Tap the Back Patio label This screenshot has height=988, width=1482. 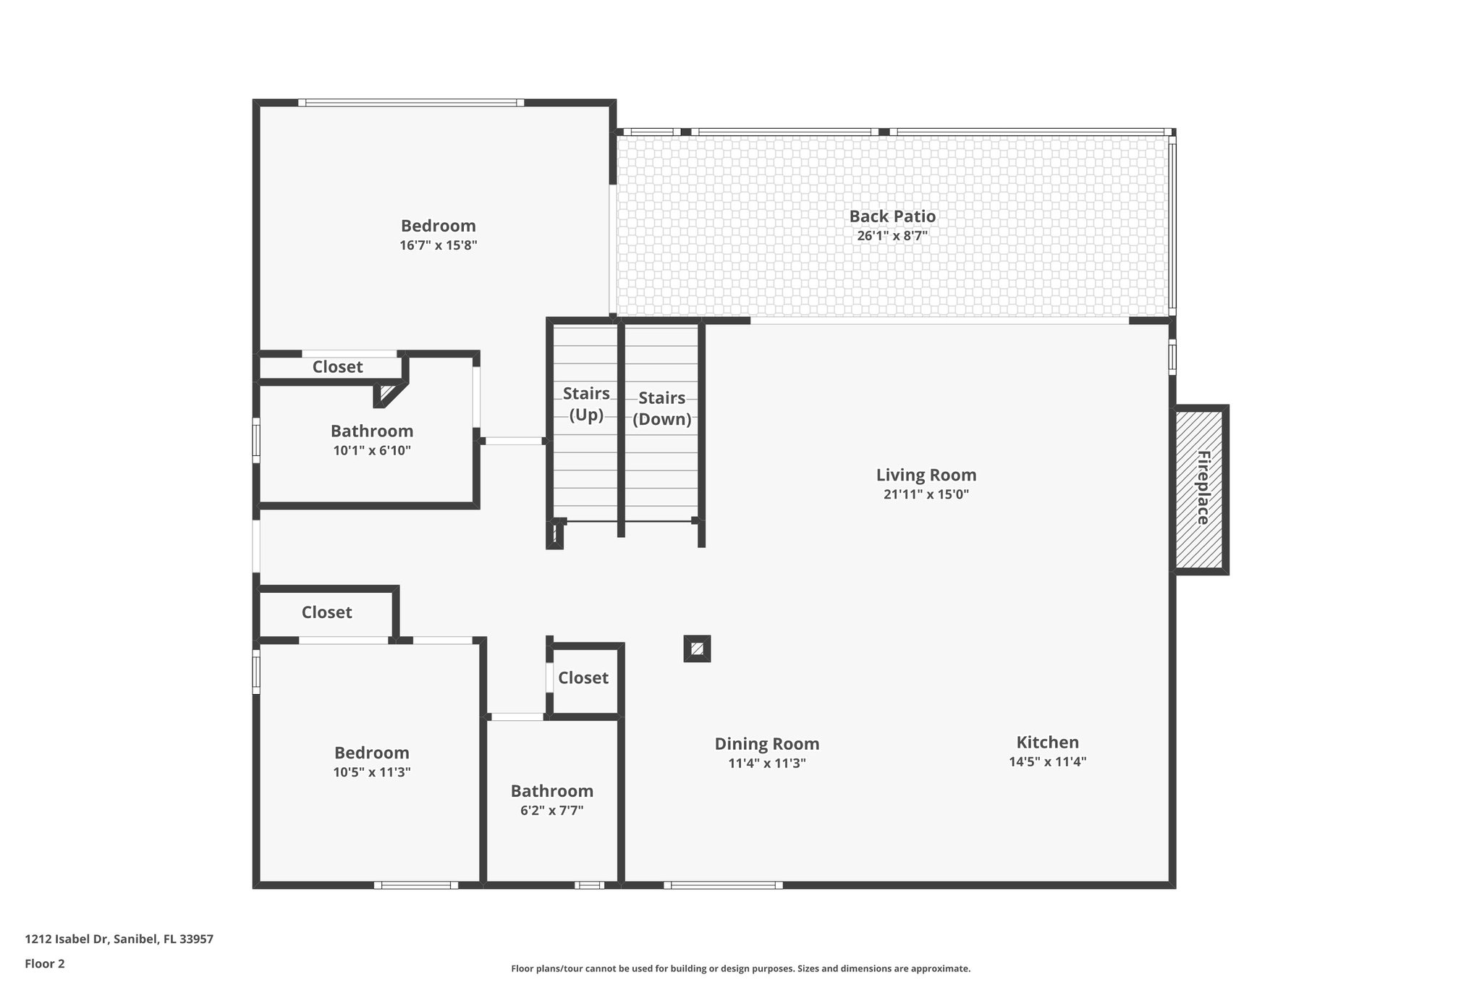pyautogui.click(x=892, y=216)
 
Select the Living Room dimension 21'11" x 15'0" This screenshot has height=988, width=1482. pyautogui.click(x=926, y=494)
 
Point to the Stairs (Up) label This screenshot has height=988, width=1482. pyautogui.click(x=586, y=404)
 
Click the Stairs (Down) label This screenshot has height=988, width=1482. pyautogui.click(x=661, y=408)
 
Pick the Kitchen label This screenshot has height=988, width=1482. pyautogui.click(x=1047, y=742)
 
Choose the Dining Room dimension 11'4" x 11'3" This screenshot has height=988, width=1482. pyautogui.click(x=766, y=763)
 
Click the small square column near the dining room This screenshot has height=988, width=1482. pyautogui.click(x=697, y=649)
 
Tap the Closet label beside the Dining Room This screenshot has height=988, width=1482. pyautogui.click(x=583, y=677)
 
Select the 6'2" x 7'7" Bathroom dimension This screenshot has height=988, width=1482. pyautogui.click(x=551, y=811)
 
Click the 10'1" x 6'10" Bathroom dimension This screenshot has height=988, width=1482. pyautogui.click(x=372, y=450)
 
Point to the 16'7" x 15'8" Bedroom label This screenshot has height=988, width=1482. pyautogui.click(x=438, y=226)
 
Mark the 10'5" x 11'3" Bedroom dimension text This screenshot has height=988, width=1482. pyautogui.click(x=371, y=772)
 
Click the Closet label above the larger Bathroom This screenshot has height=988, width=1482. pyautogui.click(x=337, y=367)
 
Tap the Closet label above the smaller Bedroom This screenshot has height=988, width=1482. pyautogui.click(x=326, y=612)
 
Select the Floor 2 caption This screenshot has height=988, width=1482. pyautogui.click(x=45, y=963)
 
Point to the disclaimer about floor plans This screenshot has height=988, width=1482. pyautogui.click(x=740, y=968)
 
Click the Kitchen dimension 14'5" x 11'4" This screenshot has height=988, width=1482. pyautogui.click(x=1047, y=761)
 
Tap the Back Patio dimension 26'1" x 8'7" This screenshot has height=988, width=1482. pyautogui.click(x=892, y=236)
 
